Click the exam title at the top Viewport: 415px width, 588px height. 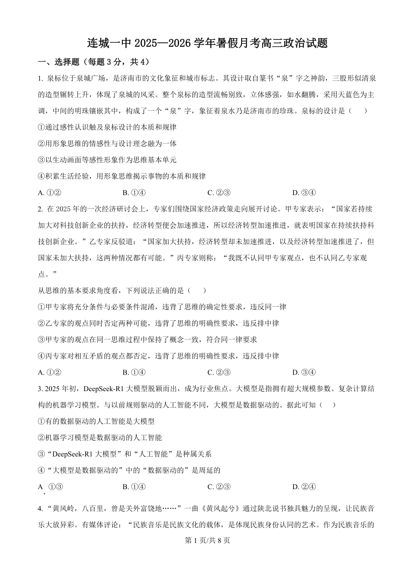pyautogui.click(x=207, y=43)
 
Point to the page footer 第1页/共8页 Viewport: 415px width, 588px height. pyautogui.click(x=207, y=540)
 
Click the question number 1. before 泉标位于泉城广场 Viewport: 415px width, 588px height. pyautogui.click(x=40, y=79)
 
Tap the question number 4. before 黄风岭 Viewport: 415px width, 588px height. pyautogui.click(x=40, y=508)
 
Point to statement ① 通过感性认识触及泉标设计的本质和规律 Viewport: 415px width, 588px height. pyautogui.click(x=107, y=127)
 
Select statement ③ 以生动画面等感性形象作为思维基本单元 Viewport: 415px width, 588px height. pyautogui.click(x=107, y=160)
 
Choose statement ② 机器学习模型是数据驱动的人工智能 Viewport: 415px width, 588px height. pyautogui.click(x=100, y=437)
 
